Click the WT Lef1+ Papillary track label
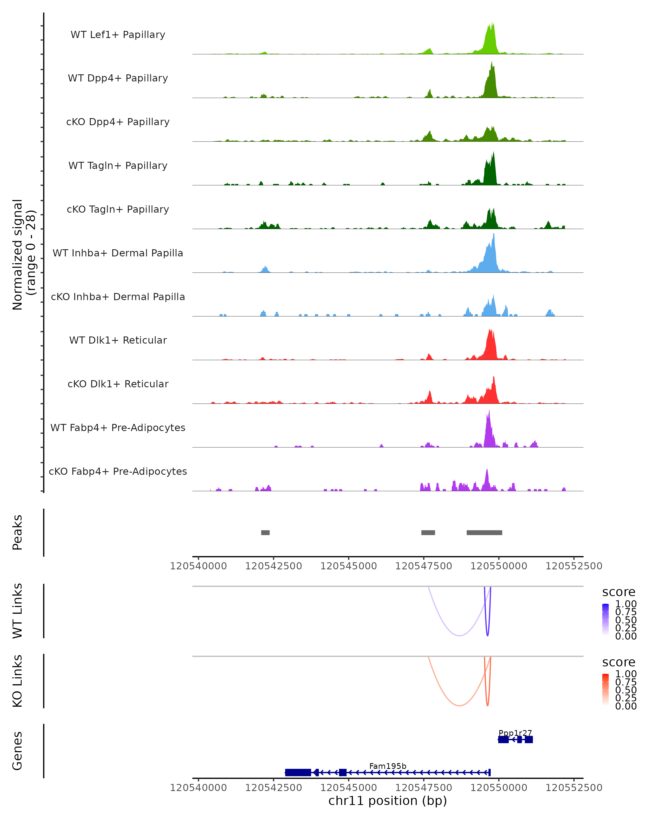tap(118, 35)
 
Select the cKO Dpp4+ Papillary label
tap(118, 122)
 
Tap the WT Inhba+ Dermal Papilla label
tap(118, 253)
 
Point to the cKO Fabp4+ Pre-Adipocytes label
tap(118, 471)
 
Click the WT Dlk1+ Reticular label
tap(118, 340)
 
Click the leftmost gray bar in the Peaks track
tap(265, 532)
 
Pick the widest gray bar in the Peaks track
tap(484, 532)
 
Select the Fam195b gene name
tap(388, 766)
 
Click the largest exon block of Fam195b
tap(298, 772)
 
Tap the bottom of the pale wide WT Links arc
tap(459, 635)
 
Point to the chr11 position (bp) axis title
tap(388, 801)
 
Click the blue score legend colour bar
tap(605, 619)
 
